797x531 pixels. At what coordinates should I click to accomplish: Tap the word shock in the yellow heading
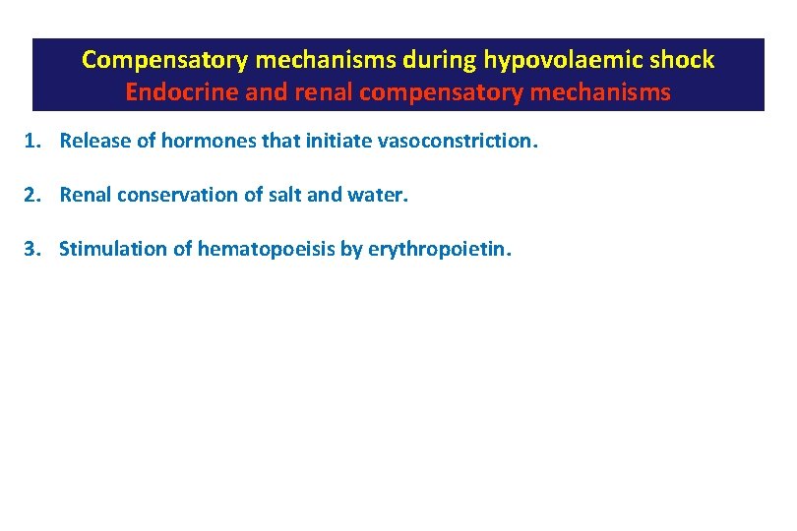tap(683, 60)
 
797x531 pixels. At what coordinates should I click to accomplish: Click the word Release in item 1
tap(92, 141)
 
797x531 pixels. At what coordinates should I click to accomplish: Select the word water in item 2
tap(376, 195)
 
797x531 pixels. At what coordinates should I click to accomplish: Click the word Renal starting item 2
tap(85, 195)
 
